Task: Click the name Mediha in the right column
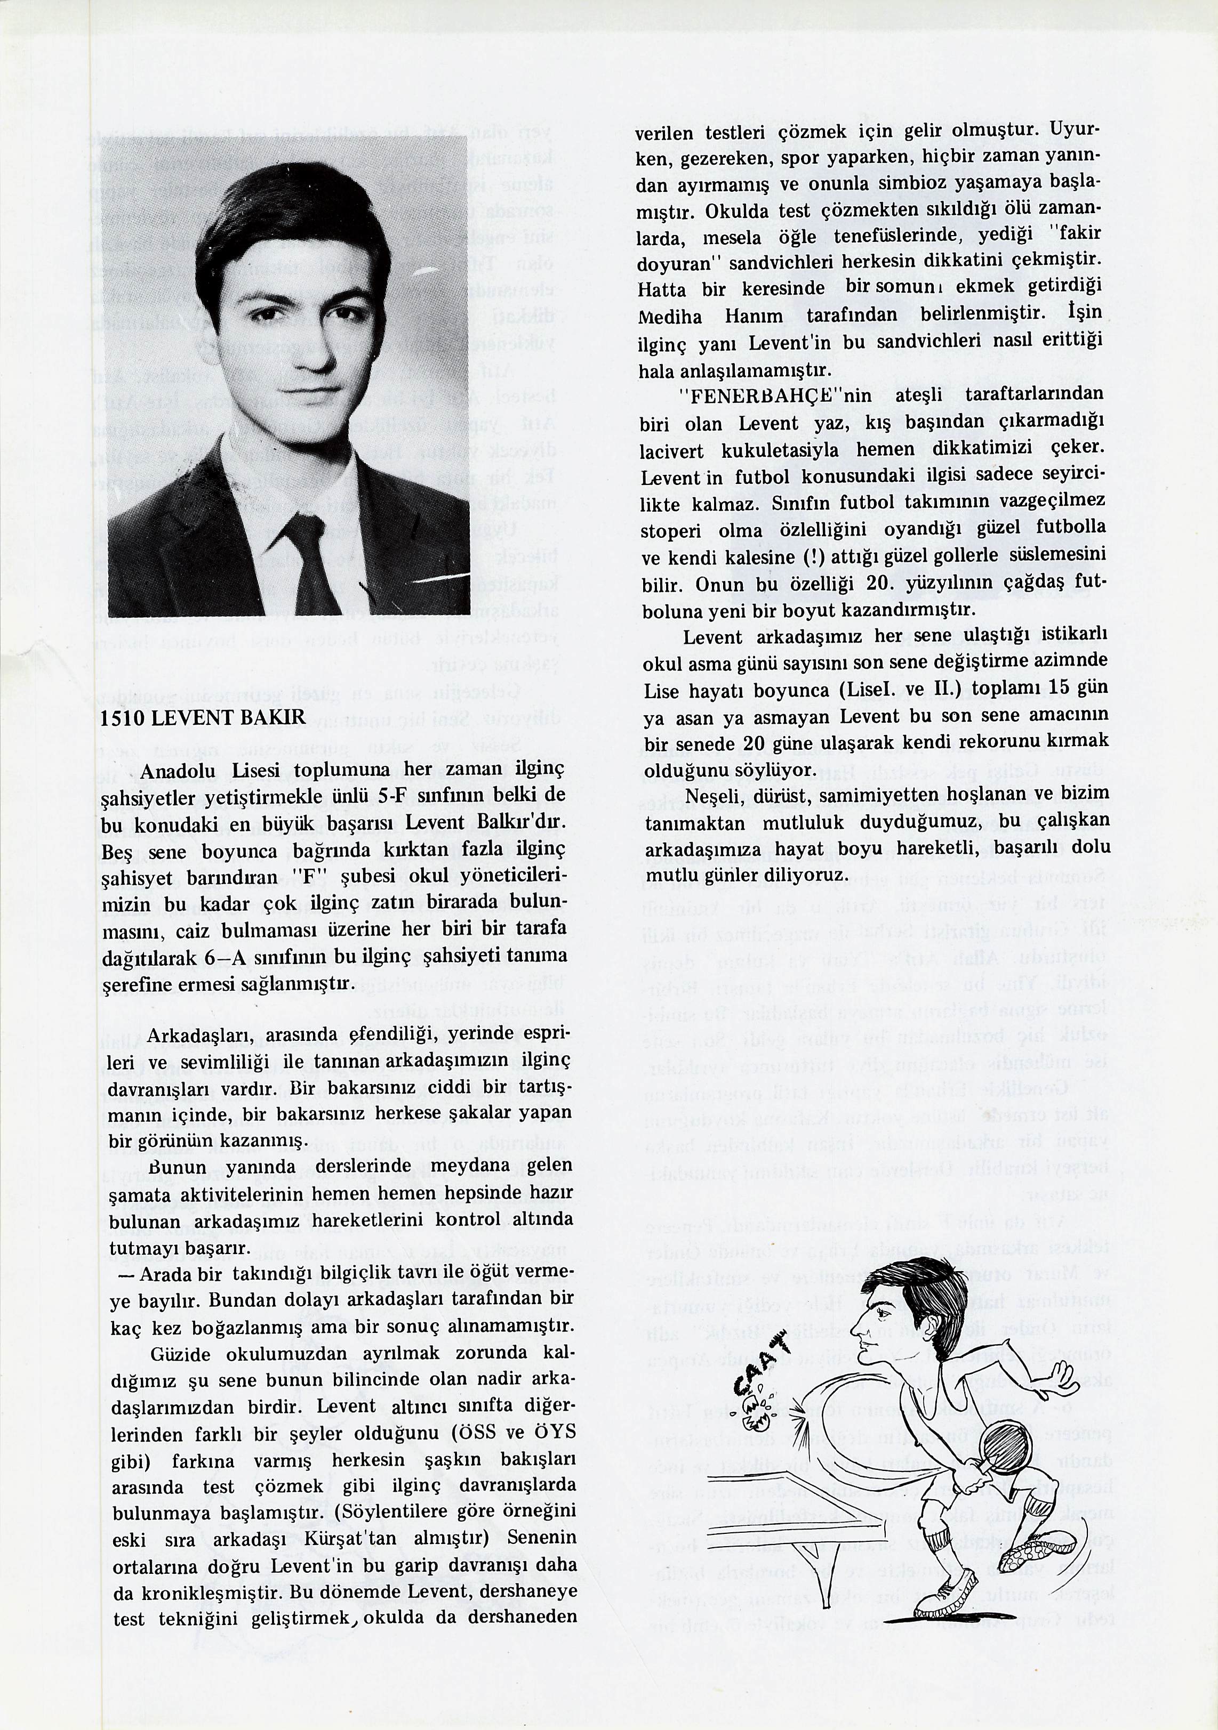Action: tap(669, 317)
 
